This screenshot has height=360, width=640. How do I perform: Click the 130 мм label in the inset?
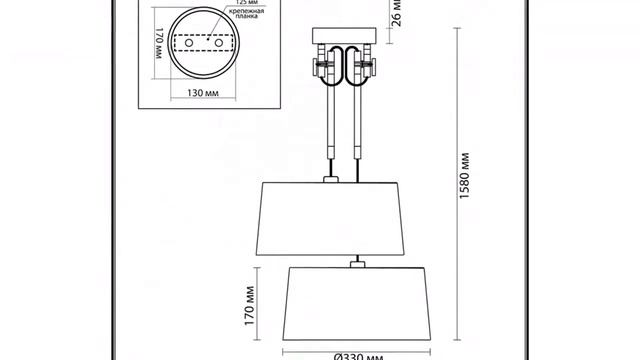(x=203, y=93)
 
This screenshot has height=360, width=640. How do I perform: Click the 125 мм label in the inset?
(x=241, y=3)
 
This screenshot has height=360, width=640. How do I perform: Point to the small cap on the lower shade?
(x=356, y=264)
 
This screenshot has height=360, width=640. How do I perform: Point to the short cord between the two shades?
(x=356, y=255)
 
